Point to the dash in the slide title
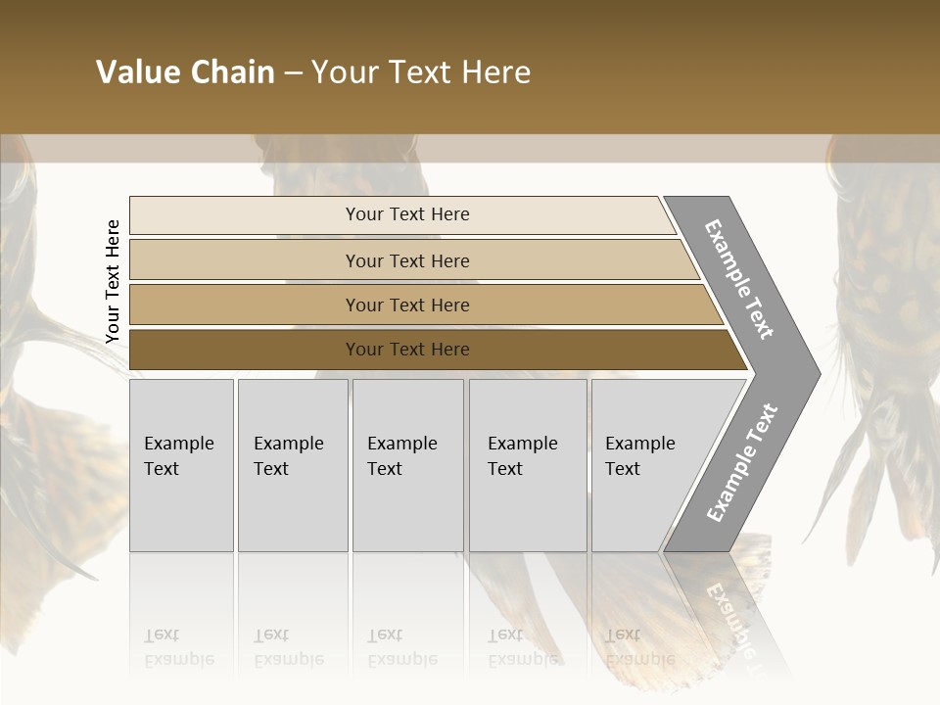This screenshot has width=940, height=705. [x=293, y=73]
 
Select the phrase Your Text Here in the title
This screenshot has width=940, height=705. [x=421, y=72]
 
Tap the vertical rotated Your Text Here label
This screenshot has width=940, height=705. [x=113, y=281]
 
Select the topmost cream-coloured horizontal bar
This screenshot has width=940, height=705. [x=406, y=214]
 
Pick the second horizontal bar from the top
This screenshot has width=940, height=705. [x=406, y=260]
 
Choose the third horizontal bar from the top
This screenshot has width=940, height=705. [x=406, y=305]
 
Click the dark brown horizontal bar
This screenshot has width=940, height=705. [x=406, y=350]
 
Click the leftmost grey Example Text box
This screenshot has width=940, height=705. [x=181, y=465]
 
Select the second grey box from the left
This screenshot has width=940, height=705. [x=292, y=465]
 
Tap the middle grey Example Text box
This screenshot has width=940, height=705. [x=407, y=465]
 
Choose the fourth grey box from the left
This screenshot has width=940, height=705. [x=528, y=465]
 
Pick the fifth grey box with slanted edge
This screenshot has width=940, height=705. [x=646, y=465]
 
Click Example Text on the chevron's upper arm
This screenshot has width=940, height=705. [x=739, y=279]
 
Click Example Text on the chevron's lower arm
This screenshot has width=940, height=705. [x=741, y=462]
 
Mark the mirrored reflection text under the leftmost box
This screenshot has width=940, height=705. [x=178, y=647]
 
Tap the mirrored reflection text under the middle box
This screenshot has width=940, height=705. [x=401, y=647]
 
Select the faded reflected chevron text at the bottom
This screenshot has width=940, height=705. [x=729, y=617]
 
